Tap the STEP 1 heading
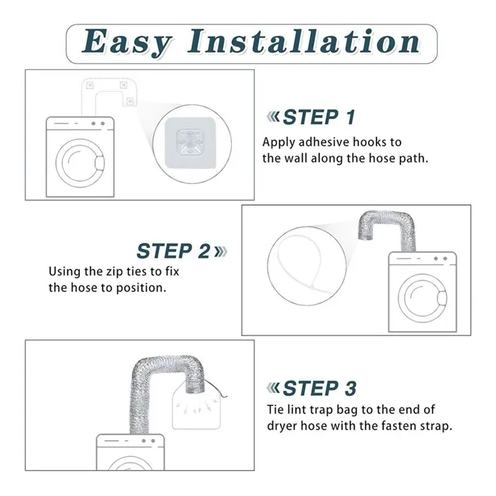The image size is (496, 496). [319, 117]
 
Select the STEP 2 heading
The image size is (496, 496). [174, 251]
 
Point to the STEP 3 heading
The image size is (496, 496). [320, 389]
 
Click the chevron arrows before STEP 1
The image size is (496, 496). [273, 117]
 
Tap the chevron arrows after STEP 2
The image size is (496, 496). [221, 252]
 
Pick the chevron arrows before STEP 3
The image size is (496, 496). [273, 388]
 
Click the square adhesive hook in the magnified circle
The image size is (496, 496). [190, 143]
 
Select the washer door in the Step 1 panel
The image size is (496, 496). [80, 163]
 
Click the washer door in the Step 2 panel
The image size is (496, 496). [423, 298]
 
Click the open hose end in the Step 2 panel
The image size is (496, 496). [366, 236]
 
